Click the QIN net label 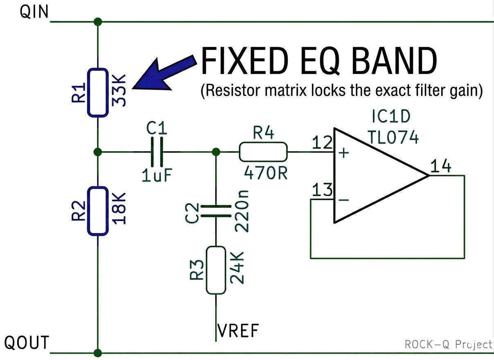coord(34,12)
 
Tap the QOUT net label coord(27,342)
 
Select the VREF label coord(238,331)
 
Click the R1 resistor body coord(98,92)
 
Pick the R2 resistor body coord(98,211)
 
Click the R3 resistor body coord(216,270)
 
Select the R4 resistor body coord(263,152)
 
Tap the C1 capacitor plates coord(157,152)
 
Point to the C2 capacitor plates coord(216,211)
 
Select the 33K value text coord(119,90)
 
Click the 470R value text coord(266,173)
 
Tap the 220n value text coord(242,211)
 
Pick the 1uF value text coord(157,175)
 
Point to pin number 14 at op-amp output coord(441,166)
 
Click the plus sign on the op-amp coord(344,153)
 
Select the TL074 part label coord(393,137)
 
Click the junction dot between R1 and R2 coord(98,152)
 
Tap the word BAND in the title coord(394,61)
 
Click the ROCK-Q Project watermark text coord(449,344)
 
